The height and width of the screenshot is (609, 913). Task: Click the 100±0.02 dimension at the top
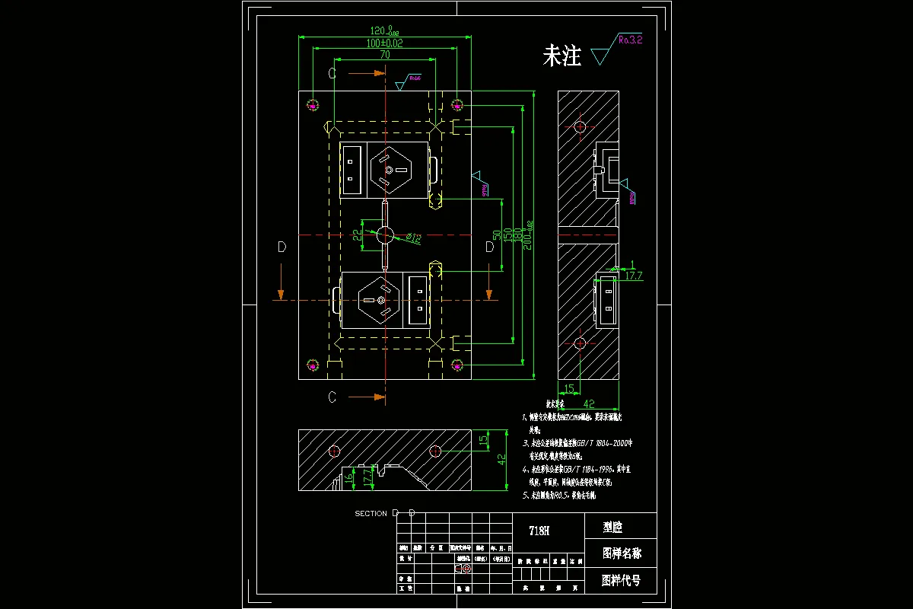coord(385,43)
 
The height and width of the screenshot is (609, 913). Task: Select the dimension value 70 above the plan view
coord(385,56)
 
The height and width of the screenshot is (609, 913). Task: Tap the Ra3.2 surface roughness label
coord(630,40)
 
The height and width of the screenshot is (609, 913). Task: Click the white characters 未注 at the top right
coord(561,56)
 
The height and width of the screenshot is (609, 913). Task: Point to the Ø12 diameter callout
coord(413,239)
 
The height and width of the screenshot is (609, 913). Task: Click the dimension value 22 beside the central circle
coord(358,234)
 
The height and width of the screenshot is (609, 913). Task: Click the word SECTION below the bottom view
coord(371,514)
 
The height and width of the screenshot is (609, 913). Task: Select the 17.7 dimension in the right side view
coord(633,276)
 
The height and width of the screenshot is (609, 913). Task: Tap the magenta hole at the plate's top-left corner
coord(313,104)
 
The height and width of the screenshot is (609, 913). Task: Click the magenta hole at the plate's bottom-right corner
coord(456,365)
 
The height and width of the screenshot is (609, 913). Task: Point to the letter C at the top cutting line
coord(332,73)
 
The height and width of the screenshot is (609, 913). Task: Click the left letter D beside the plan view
coord(282,247)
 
